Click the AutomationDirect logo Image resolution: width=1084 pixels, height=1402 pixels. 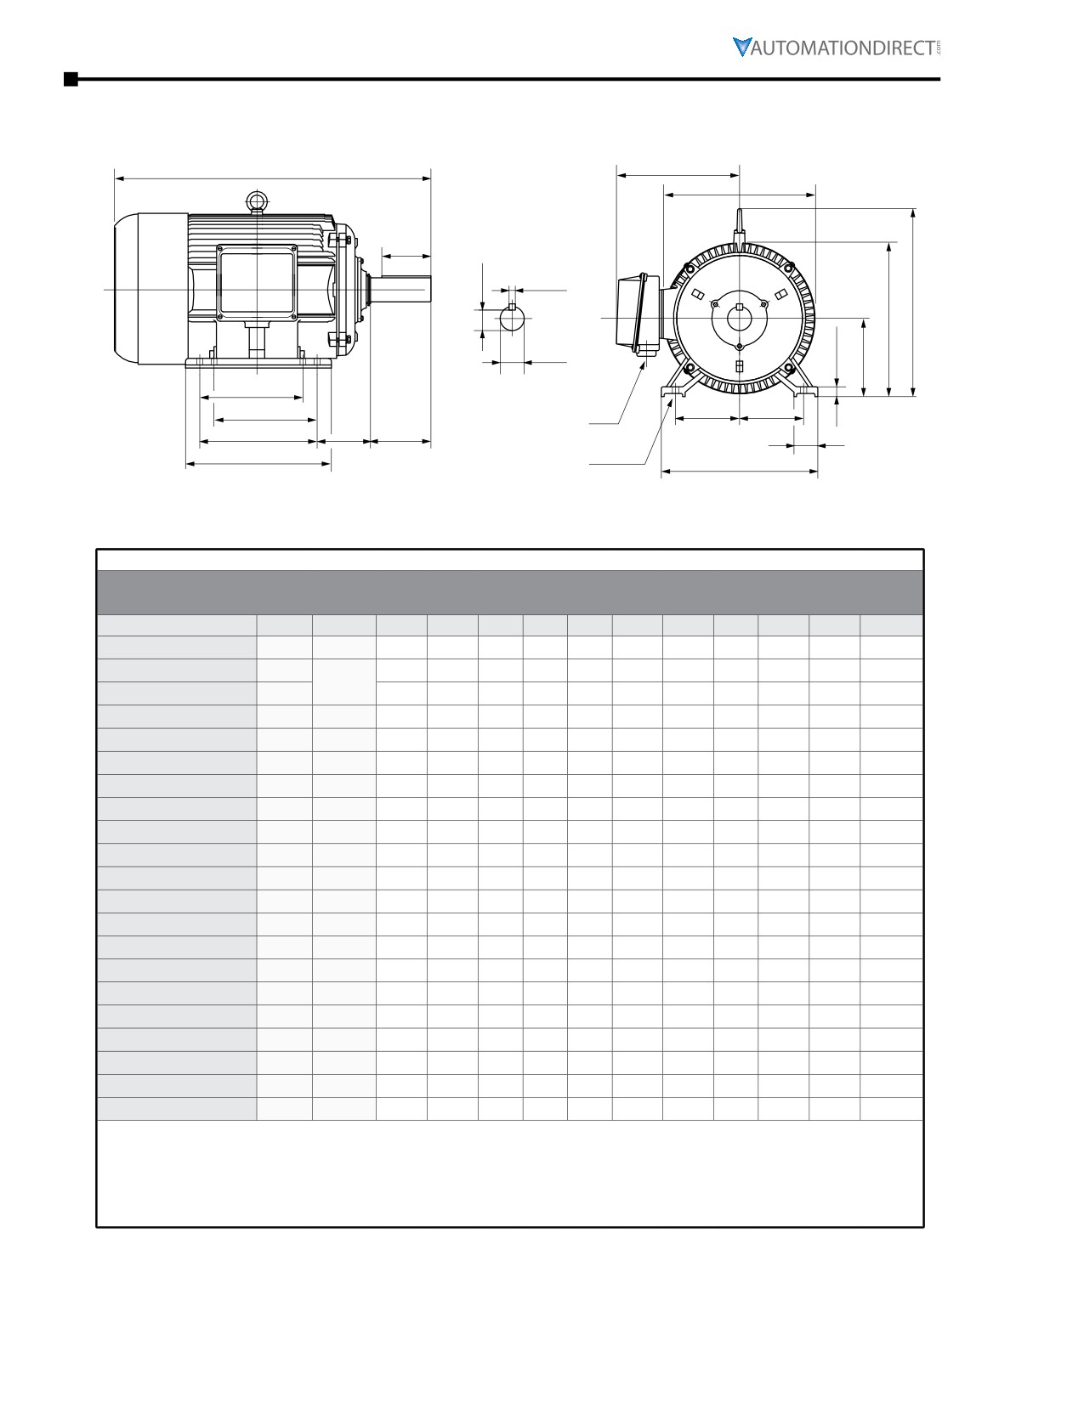coord(836,47)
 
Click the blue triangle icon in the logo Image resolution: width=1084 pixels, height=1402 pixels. coord(742,47)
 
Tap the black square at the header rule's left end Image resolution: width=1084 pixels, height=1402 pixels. coord(71,79)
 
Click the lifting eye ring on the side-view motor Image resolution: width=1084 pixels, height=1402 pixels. coord(258,201)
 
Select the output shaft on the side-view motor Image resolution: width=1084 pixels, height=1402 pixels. coord(400,290)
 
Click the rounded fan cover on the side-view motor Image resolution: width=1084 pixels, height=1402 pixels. coord(150,289)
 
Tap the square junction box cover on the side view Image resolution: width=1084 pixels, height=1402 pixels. coord(257,283)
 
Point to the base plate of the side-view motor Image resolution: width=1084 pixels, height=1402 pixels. coord(258,363)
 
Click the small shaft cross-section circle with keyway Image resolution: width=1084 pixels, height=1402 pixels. coord(513,318)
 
